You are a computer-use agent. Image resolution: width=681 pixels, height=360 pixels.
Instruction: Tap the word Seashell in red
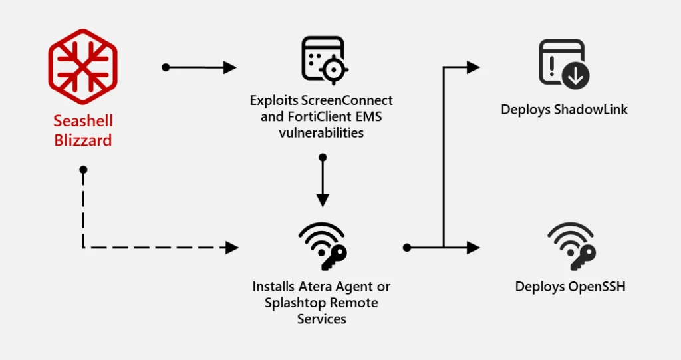[83, 121]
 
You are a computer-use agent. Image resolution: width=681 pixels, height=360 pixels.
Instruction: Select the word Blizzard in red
[83, 140]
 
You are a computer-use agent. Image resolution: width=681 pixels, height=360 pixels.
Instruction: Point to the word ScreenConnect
[346, 100]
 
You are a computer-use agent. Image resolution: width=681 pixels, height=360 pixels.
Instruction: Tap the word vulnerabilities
[321, 132]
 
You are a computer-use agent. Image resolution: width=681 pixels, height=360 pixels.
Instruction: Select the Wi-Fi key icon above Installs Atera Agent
[322, 246]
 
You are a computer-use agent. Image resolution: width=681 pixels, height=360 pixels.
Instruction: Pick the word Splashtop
[281, 303]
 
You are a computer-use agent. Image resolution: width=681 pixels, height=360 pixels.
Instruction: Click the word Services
[321, 319]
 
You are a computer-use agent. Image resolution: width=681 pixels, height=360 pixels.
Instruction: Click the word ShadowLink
[591, 109]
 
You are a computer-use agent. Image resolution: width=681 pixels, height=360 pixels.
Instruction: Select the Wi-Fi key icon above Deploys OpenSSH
[571, 246]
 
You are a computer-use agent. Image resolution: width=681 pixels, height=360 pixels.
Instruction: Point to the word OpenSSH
[597, 287]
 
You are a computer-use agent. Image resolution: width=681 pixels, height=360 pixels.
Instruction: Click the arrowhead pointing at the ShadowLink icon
[474, 67]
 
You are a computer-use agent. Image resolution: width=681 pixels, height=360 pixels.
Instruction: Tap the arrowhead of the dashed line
[232, 248]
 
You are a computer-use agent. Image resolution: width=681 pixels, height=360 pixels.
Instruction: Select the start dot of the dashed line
[83, 170]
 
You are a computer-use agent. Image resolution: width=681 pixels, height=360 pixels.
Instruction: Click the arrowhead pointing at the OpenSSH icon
[474, 248]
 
